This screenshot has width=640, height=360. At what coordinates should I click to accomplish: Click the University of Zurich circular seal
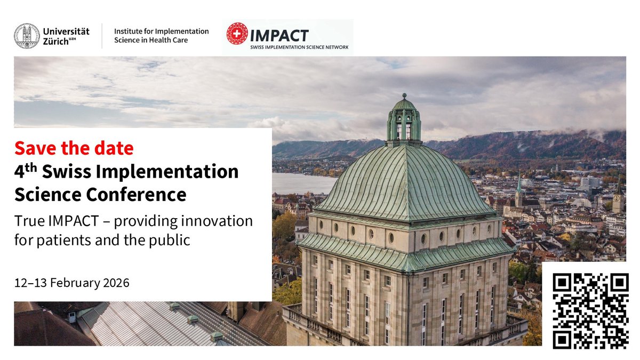(27, 36)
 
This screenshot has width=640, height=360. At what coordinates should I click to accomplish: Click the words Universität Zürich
(66, 36)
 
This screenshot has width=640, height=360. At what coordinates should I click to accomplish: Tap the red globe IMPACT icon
(237, 34)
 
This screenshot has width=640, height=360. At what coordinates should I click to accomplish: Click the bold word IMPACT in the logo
(279, 35)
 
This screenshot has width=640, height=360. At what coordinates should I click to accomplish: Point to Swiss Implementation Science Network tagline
(299, 47)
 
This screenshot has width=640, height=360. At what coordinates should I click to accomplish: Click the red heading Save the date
(74, 148)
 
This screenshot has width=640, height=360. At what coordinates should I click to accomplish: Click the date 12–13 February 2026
(72, 283)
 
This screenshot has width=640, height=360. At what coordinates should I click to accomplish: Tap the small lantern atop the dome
(404, 122)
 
